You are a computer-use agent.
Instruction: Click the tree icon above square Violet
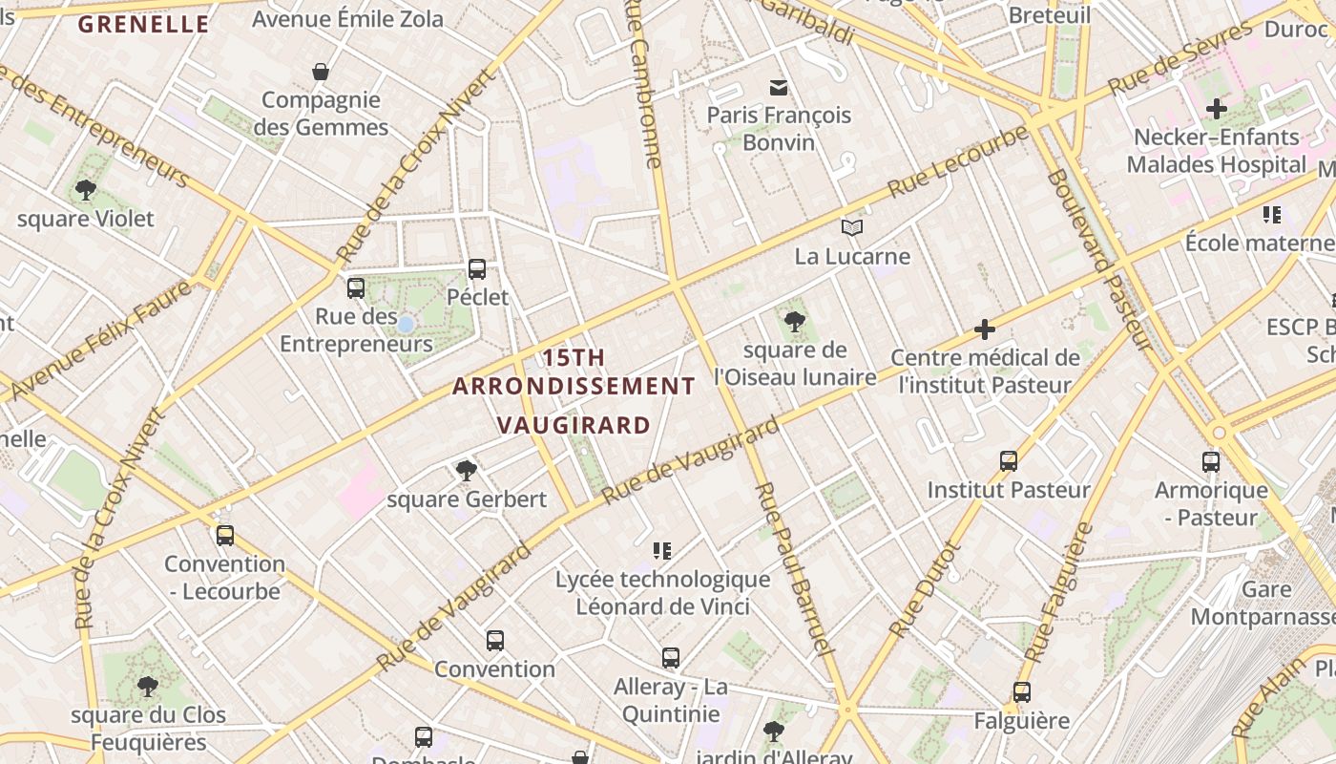(x=86, y=190)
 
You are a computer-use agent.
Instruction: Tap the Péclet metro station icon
(x=477, y=269)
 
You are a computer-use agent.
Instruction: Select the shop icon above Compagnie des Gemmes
(x=321, y=72)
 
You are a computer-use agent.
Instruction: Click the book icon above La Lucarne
(x=852, y=227)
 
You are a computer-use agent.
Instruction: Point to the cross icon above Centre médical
(x=985, y=330)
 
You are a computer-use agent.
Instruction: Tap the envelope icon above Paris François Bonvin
(x=779, y=88)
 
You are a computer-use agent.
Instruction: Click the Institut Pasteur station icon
(x=1009, y=461)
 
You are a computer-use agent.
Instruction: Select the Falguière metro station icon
(x=1022, y=692)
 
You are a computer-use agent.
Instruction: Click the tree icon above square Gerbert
(x=467, y=470)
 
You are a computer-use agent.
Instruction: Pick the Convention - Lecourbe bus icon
(x=225, y=535)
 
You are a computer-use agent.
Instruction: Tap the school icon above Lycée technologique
(x=662, y=550)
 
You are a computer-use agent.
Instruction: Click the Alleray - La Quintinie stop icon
(x=671, y=657)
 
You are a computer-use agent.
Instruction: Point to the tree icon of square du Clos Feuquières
(x=147, y=686)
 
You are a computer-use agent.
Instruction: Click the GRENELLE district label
(x=143, y=25)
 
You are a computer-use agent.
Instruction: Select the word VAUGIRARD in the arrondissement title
(x=574, y=426)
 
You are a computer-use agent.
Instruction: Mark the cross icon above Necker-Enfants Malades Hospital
(x=1216, y=108)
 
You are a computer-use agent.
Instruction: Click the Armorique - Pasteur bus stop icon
(x=1211, y=462)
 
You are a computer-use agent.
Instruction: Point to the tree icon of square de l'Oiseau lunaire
(x=794, y=322)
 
